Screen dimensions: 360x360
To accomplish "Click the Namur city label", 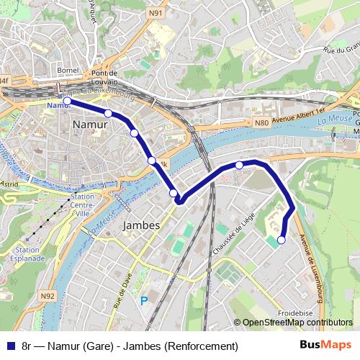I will point(90,125).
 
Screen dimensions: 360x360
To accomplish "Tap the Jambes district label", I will point(141,225).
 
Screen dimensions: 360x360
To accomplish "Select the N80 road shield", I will point(261,123).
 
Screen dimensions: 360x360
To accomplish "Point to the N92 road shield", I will point(48,295).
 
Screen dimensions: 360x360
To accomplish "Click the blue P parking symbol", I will point(145,301).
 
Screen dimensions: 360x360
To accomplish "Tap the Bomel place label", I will point(67,71).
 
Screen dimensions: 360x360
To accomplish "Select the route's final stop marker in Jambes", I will point(282,240).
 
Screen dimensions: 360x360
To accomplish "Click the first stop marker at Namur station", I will point(66,102).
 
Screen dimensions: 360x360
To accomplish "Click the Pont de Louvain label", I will point(109,78).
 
